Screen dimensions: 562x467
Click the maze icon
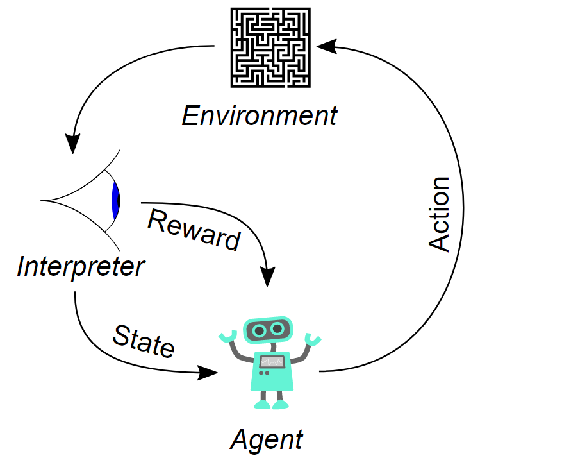point(270,47)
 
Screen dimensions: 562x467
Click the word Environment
point(260,116)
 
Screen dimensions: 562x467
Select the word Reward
point(194,230)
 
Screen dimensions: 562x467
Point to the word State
point(144,341)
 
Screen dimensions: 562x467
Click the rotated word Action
point(439,214)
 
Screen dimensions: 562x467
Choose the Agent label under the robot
point(267,441)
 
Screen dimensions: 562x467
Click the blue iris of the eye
point(115,201)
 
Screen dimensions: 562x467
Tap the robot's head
point(268,330)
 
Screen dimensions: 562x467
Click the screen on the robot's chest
point(272,362)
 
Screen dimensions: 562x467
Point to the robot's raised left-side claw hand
point(228,336)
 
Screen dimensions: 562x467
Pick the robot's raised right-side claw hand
point(313,339)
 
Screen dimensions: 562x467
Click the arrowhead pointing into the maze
point(327,46)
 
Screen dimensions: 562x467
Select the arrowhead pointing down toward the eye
point(73,144)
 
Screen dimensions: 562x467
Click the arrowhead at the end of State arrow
point(208,373)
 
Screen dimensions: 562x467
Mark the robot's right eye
point(277,328)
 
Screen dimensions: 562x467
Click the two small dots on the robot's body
point(264,373)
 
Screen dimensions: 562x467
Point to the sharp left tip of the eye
point(41,201)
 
